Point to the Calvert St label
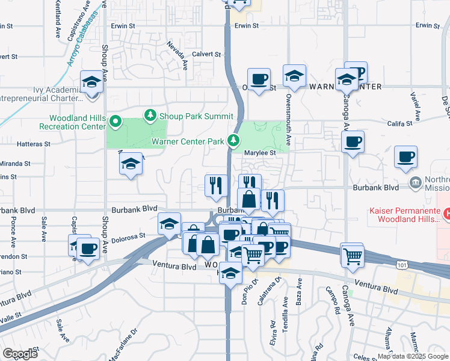[x=207, y=54]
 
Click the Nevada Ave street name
[x=176, y=54]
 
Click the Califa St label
[x=399, y=123]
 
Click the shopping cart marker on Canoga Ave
[x=352, y=255]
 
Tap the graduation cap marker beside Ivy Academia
[x=91, y=82]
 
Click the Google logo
[x=20, y=354]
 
